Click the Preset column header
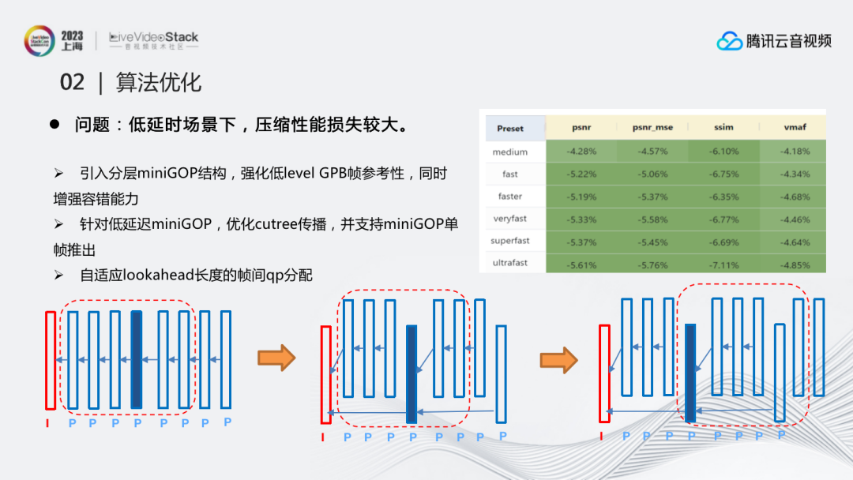click(x=510, y=129)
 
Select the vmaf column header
click(x=794, y=127)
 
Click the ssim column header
click(x=723, y=127)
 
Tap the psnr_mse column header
click(x=652, y=127)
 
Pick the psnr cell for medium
click(x=581, y=152)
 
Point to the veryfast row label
click(x=509, y=219)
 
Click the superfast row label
click(x=509, y=241)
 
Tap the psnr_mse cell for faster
click(x=652, y=197)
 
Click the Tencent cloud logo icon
click(x=730, y=40)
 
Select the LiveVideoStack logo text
click(x=154, y=37)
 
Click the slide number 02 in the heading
click(x=72, y=82)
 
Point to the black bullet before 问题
click(x=55, y=125)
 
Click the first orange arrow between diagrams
click(x=276, y=358)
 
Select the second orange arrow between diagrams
click(x=558, y=359)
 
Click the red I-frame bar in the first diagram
click(x=51, y=361)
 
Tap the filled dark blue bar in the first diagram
click(x=137, y=359)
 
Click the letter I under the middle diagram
click(x=323, y=437)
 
